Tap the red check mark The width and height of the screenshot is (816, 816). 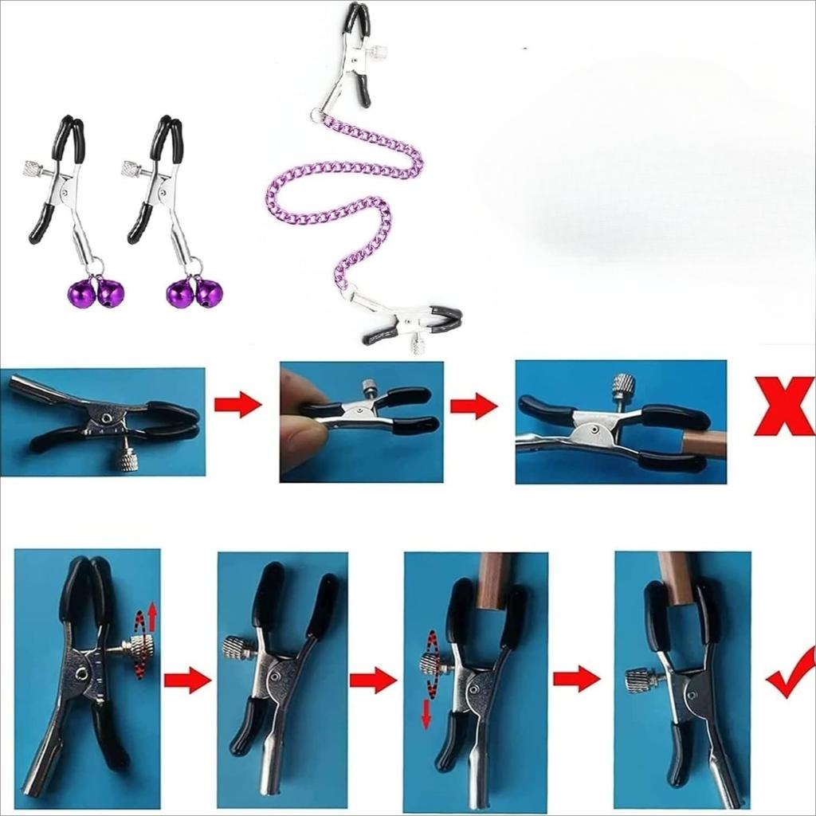792,673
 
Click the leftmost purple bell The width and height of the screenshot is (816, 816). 81,293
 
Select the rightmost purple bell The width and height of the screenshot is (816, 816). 210,293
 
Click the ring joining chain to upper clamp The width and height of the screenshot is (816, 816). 319,117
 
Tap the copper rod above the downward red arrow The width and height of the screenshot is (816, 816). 495,580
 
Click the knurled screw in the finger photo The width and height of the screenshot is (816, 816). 369,388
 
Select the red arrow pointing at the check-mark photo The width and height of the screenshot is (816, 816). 576,679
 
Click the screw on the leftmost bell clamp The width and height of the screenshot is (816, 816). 33,169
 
